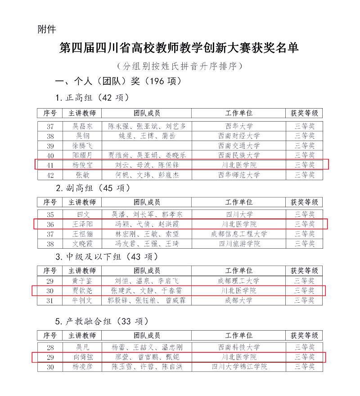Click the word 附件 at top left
coord(47,29)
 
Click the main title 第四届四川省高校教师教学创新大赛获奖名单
coord(179,48)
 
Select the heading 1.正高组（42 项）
coord(92,97)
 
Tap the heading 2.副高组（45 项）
coord(93,188)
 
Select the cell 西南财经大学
coord(238,136)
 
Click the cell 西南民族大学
coord(238,155)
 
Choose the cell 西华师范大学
coord(238,175)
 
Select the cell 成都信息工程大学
coord(238,234)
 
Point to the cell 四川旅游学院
coord(238,244)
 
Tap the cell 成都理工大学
coord(238,281)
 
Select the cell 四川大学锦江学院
coord(238,367)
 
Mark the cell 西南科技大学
coord(238,347)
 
